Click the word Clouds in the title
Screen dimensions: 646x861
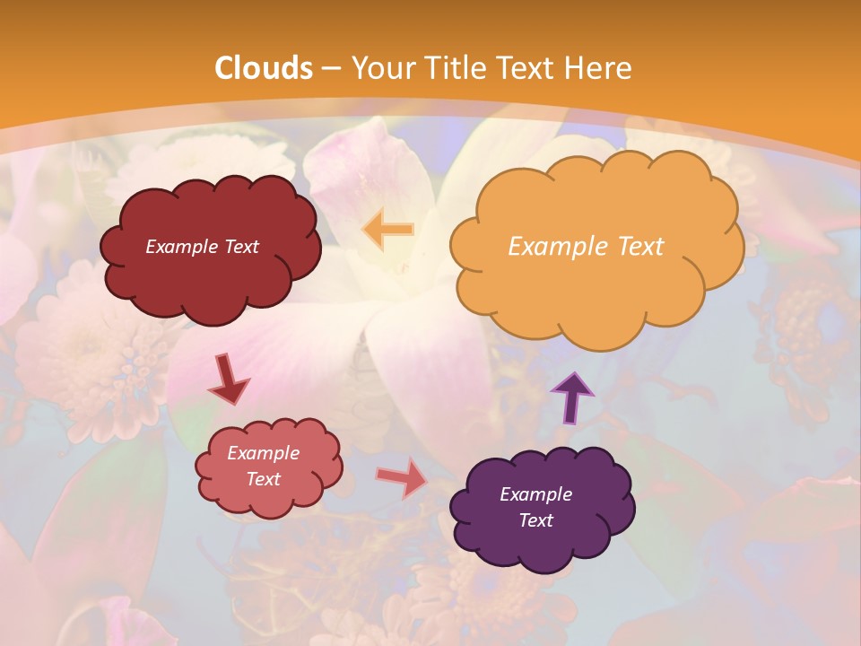click(264, 68)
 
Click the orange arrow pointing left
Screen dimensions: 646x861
click(387, 230)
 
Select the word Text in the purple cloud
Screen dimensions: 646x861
click(535, 520)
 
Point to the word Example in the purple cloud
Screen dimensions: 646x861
click(535, 494)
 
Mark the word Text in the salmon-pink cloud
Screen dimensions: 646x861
click(264, 479)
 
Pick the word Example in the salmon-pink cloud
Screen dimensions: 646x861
click(264, 453)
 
